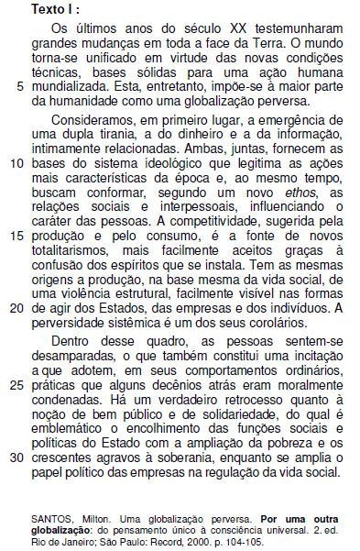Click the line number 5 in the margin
tap(20, 86)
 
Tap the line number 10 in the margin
tap(16, 163)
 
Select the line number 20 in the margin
tap(16, 308)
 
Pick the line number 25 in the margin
tap(16, 385)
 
